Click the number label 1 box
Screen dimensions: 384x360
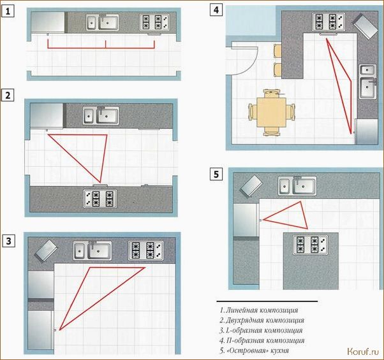point(8,11)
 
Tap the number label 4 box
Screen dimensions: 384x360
point(216,10)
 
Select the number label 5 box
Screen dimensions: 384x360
point(216,175)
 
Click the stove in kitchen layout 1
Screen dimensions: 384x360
point(154,22)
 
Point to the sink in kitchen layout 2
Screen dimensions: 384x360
point(101,116)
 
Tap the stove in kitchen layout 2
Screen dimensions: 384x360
point(100,198)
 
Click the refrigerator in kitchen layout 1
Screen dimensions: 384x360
point(48,22)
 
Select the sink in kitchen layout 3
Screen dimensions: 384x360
point(92,250)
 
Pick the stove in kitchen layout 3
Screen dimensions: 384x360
point(145,250)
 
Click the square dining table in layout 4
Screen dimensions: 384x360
point(272,112)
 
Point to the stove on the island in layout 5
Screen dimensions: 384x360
point(310,245)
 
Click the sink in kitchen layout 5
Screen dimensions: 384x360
point(297,186)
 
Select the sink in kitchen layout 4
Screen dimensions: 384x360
point(368,82)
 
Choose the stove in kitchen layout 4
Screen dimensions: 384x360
point(329,22)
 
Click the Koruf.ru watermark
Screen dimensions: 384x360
point(363,352)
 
